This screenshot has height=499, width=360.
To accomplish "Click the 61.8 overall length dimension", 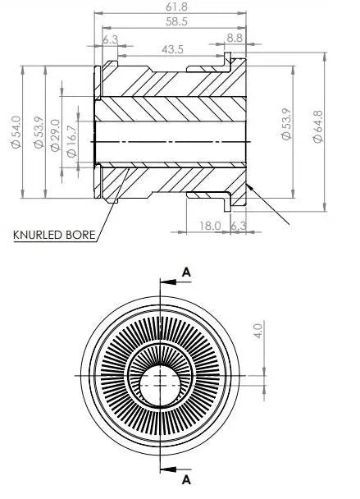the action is [x=176, y=7].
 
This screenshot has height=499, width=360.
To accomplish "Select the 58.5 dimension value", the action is [x=176, y=21].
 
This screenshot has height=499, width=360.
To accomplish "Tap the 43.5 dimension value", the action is [x=172, y=49].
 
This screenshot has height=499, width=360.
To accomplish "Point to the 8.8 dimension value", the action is [x=235, y=39].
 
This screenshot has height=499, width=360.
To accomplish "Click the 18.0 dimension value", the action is [x=210, y=226].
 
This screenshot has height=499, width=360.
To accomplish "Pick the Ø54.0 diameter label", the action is [x=16, y=132].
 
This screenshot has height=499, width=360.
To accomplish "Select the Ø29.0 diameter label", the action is [x=55, y=135].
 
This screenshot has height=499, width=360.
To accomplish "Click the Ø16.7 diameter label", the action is [x=72, y=141].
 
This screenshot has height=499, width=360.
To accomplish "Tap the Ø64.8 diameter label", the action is [x=317, y=126].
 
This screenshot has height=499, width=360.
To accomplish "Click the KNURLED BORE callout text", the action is [x=54, y=235].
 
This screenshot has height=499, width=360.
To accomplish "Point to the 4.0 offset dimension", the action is [x=258, y=331].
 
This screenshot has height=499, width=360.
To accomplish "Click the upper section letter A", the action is [x=187, y=272].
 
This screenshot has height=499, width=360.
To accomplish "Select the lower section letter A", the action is [x=186, y=479].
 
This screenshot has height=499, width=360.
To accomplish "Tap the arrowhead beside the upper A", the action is [x=168, y=282].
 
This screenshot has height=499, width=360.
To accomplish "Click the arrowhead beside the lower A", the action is [x=168, y=469].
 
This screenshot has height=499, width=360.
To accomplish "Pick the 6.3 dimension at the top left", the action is [x=111, y=39].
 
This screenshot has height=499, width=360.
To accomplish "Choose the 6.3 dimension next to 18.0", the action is [x=239, y=226].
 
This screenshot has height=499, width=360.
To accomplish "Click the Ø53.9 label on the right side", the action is [x=286, y=124].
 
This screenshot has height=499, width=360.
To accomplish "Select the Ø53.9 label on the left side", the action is [x=39, y=132].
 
